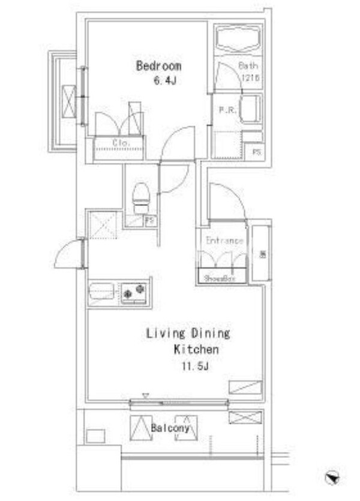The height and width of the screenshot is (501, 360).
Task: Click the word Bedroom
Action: (x=158, y=66)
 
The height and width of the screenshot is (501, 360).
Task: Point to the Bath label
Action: (x=248, y=66)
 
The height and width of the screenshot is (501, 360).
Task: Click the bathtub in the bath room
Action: (x=238, y=40)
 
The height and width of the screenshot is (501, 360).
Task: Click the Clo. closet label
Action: (x=121, y=143)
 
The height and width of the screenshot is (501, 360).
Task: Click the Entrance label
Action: (x=224, y=241)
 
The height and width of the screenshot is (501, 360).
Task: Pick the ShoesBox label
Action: (x=219, y=278)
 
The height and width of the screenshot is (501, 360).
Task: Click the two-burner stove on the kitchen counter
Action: (x=134, y=293)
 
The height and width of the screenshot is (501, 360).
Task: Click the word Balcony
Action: (x=170, y=428)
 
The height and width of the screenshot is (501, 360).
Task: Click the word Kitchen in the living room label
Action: (x=196, y=350)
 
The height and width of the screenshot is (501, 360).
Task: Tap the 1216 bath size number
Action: (x=251, y=78)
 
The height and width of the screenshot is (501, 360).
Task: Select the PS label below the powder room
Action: (x=256, y=151)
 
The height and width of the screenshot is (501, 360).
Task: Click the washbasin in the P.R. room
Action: (x=248, y=109)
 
